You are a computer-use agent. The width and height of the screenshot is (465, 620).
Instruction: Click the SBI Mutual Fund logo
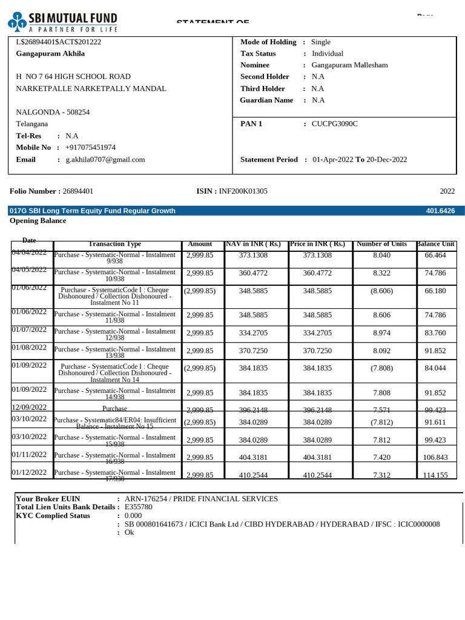63,21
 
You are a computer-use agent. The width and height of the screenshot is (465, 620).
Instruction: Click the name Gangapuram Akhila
50,53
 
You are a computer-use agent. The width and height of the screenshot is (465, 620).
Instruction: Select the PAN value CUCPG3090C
335,124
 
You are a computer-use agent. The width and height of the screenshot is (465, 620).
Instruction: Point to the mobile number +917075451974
90,148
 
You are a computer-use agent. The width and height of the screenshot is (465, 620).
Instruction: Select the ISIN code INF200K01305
243,191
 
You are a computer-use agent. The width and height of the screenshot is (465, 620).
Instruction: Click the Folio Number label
33,191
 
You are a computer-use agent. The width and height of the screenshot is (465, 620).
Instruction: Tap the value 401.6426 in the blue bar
441,211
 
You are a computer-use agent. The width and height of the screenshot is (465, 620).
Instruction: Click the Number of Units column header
381,244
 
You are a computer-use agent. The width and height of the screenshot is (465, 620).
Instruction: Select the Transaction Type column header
114,244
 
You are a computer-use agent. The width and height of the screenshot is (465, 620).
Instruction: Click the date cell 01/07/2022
30,330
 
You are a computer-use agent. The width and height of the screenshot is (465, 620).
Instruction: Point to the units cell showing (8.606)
381,291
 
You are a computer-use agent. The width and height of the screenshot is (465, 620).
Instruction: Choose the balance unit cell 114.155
435,475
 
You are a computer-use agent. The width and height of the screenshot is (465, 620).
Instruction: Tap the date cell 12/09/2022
30,407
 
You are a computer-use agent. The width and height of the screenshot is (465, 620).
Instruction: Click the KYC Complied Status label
53,516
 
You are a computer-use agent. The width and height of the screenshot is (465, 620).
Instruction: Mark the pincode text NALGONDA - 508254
53,112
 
